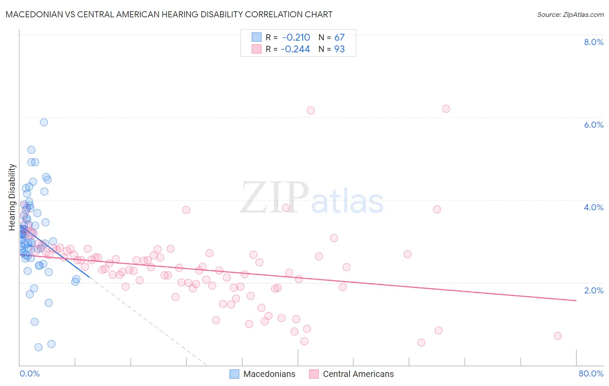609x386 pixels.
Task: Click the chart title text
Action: (169, 14)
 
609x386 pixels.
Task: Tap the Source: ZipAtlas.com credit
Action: (570, 14)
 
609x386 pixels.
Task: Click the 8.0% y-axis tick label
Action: (593, 42)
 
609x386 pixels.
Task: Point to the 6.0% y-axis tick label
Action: (593, 125)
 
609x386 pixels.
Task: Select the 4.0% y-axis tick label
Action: (593, 207)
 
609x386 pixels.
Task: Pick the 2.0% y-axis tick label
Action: (593, 290)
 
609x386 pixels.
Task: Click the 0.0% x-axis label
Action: (29, 373)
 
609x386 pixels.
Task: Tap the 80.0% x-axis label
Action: (591, 373)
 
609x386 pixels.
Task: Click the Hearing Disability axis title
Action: (12, 197)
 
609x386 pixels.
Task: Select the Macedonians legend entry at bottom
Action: (262, 374)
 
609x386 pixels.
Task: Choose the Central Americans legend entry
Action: (351, 374)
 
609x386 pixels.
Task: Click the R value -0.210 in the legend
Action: (296, 37)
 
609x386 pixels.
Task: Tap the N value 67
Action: (339, 37)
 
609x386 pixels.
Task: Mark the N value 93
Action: (339, 49)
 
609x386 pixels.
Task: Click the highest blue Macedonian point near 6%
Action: (44, 122)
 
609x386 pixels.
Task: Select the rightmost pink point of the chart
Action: (557, 336)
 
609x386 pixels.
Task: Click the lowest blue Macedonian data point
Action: (38, 347)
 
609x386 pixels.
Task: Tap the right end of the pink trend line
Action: (576, 300)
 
